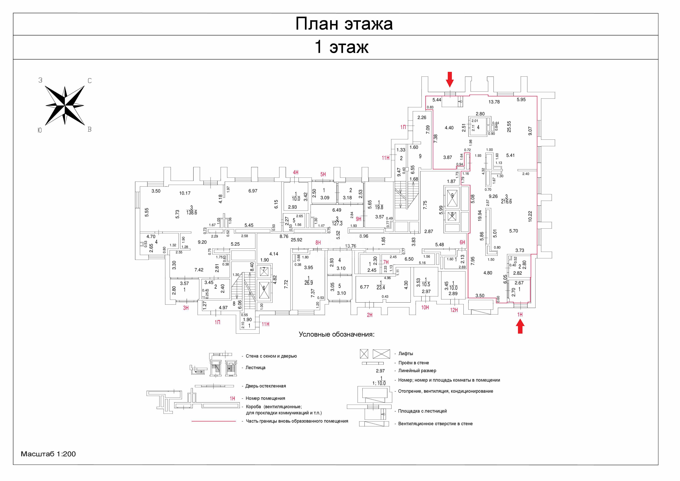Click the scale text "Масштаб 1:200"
(48, 454)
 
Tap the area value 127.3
(337, 224)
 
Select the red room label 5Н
(323, 174)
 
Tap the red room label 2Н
(370, 315)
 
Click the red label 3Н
(186, 308)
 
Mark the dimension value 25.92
(296, 240)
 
